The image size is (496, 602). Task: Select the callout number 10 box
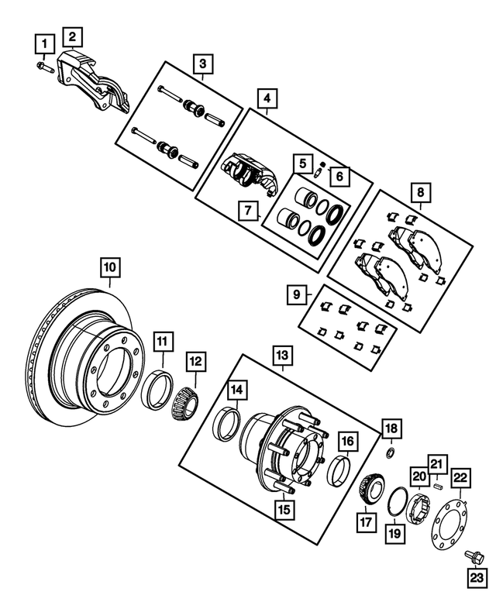click(x=110, y=268)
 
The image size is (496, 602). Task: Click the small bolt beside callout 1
click(x=42, y=69)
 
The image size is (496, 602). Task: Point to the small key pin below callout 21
click(x=437, y=487)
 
